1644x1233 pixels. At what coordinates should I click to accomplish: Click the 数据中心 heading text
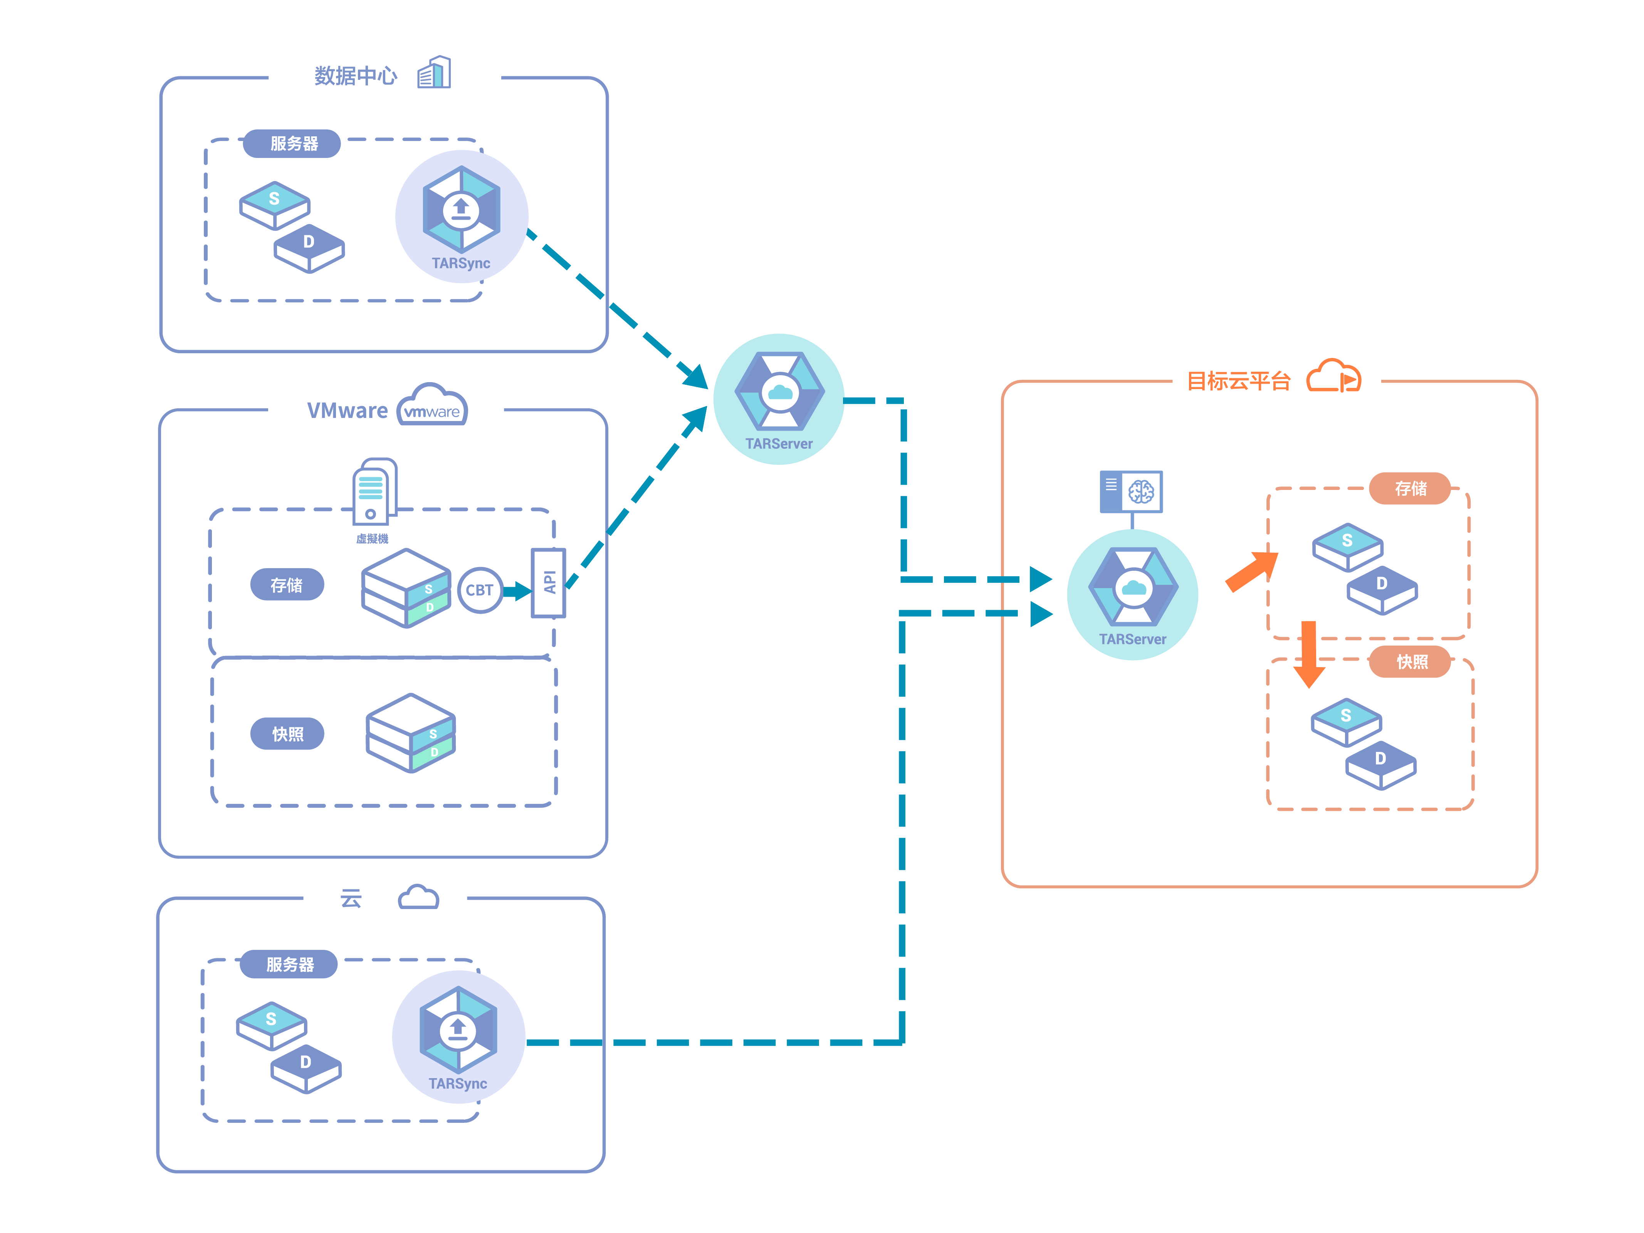point(355,76)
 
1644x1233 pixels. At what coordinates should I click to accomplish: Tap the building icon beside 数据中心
point(434,73)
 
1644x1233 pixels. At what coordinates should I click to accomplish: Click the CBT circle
point(479,590)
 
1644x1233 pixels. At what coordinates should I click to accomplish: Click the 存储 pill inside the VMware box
point(287,585)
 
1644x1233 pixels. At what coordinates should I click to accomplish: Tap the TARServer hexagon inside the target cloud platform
point(1133,587)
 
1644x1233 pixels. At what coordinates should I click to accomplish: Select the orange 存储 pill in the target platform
point(1410,488)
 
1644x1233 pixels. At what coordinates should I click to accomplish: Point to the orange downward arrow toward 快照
point(1309,654)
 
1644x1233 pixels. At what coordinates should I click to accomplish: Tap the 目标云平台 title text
point(1238,381)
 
